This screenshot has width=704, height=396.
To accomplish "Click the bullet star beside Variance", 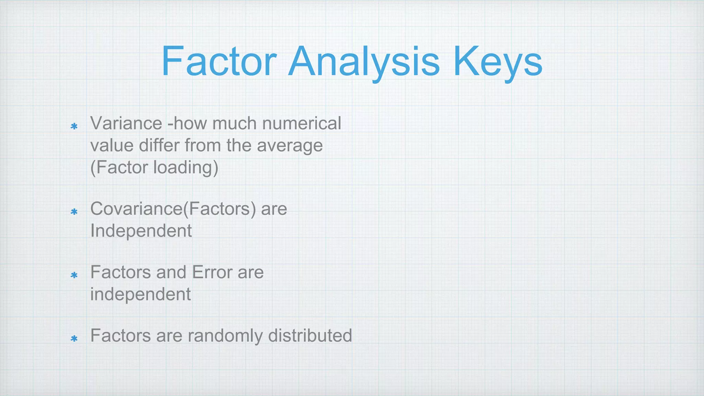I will [x=74, y=126].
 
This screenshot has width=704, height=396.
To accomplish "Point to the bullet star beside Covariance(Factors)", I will [x=74, y=212].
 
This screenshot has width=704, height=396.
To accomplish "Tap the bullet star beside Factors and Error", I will [x=74, y=275].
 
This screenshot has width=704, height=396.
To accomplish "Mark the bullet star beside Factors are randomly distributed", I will [x=74, y=339].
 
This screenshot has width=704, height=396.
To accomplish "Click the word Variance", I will [x=126, y=123].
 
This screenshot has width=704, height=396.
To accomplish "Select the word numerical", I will [x=301, y=123].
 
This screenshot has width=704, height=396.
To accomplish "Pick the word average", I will [x=290, y=146].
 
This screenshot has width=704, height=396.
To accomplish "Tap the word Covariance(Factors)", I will [x=173, y=209].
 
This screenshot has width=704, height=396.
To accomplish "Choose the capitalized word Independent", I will [x=141, y=231].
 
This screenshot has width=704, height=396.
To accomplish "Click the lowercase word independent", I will [x=140, y=295].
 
